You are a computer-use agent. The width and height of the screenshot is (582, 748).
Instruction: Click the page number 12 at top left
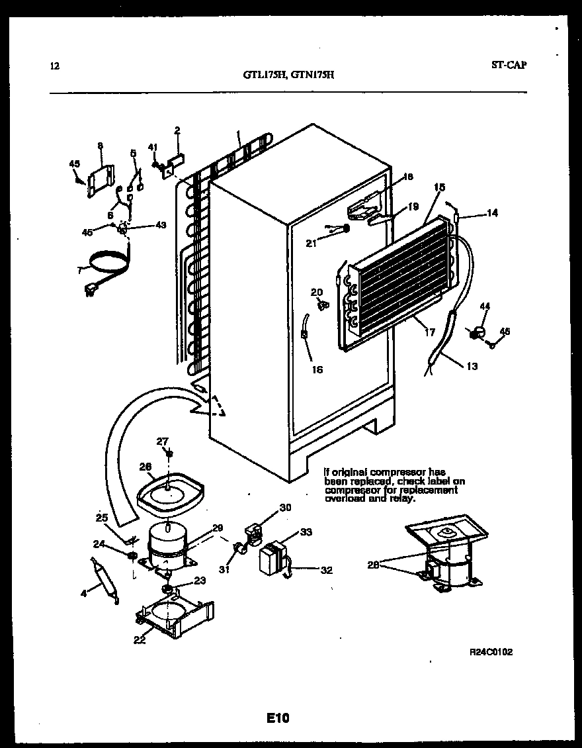tap(54, 66)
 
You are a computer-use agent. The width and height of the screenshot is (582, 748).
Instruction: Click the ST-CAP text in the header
tap(509, 65)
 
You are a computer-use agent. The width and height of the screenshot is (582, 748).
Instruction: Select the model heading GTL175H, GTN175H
tap(288, 75)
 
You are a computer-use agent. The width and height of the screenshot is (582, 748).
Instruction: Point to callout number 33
tap(306, 532)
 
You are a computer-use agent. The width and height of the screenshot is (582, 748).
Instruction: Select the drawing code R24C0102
tap(491, 652)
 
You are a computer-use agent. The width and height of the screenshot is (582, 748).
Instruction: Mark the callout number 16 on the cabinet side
tap(317, 369)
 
